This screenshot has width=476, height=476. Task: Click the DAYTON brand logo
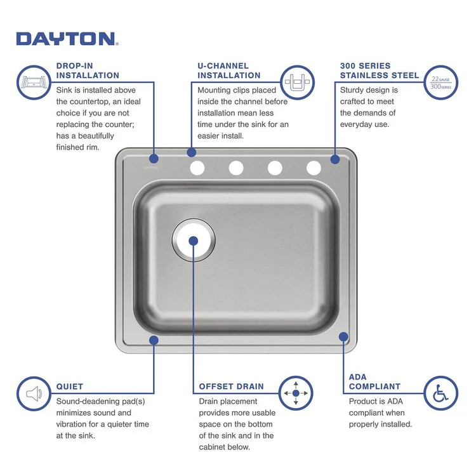coord(65,39)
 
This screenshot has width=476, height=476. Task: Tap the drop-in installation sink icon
coord(34,81)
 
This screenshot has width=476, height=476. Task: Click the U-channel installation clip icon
coord(297,81)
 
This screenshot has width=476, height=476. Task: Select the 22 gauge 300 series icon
coord(440,82)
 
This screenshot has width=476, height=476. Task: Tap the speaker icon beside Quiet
coord(34,393)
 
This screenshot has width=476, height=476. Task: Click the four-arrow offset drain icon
coord(296,393)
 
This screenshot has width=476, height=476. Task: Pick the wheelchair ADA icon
coord(440,393)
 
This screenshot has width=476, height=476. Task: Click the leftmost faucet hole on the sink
coord(197,168)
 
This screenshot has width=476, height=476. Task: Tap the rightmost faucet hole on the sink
coord(314,168)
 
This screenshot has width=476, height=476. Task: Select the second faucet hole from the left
coord(236,168)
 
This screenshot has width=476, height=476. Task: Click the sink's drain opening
coord(194,241)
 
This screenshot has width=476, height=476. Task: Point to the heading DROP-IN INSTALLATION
coord(88,70)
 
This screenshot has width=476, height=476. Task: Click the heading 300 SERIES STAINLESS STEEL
coord(379,70)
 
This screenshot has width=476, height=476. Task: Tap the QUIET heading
coord(70,386)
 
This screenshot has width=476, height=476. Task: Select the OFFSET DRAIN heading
coord(231,386)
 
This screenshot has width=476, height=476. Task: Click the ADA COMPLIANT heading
coord(374,381)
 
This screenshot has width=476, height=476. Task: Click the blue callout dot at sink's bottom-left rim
coord(154,340)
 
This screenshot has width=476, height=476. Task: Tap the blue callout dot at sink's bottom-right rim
coord(343,336)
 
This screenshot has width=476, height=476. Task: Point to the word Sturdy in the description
coord(352,90)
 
